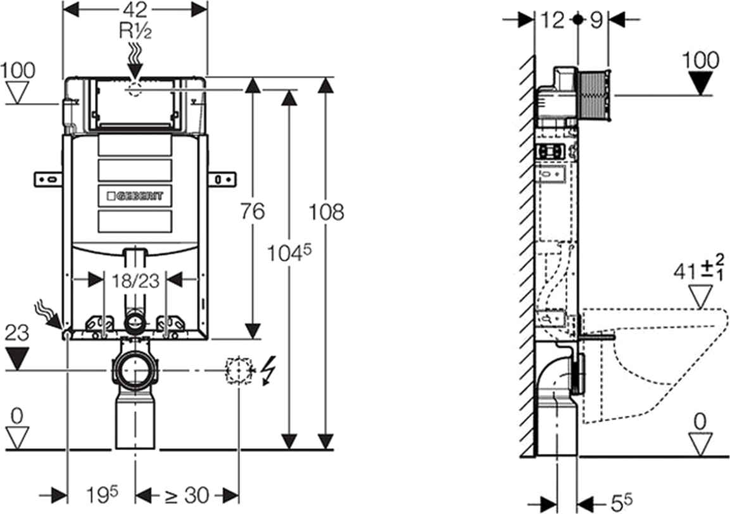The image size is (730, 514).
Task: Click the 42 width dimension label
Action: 135,9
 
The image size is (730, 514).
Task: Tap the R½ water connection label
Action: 135,31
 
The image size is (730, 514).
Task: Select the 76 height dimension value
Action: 253,211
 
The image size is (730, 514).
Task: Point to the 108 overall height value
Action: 326,212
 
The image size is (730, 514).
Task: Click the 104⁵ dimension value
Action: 289,253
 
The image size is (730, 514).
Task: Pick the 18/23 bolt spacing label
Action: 135,281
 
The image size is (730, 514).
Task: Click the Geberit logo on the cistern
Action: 135,196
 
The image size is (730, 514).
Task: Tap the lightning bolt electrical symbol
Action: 268,370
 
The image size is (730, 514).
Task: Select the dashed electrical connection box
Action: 239,370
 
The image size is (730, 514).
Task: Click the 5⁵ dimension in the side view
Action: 621,503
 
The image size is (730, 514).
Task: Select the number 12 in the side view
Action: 553,20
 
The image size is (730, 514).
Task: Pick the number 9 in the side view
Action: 596,20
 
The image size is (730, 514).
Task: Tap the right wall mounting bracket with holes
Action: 221,179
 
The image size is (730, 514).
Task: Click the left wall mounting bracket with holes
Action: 48,179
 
